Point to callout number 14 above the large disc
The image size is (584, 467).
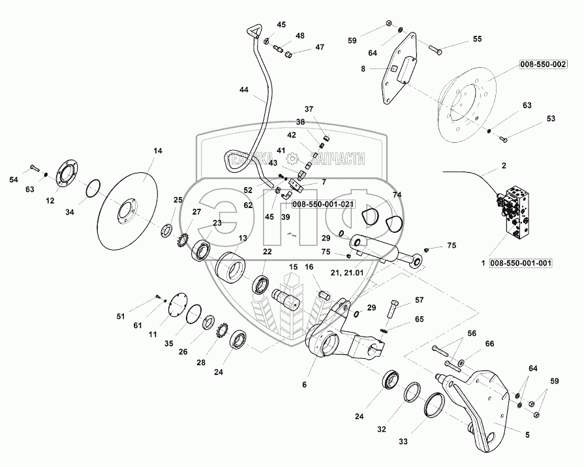coord(157,151)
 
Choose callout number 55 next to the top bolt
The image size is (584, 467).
coord(478,39)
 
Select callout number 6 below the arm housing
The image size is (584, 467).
coord(303,385)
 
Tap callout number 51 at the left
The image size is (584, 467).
coord(119,316)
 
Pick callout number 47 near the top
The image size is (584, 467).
coord(320,47)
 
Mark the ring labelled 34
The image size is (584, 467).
coord(95,188)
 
